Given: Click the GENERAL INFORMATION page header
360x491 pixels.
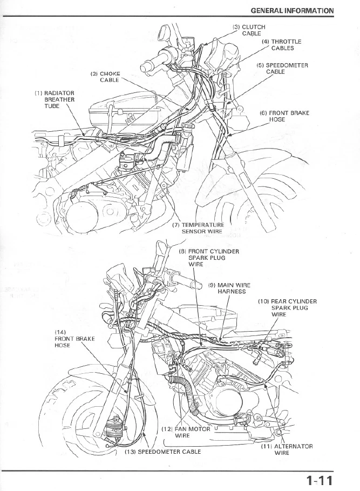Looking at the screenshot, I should click(x=292, y=10).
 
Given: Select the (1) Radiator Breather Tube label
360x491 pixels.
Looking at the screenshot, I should click(x=55, y=100).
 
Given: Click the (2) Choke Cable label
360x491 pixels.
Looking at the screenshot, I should click(x=105, y=77).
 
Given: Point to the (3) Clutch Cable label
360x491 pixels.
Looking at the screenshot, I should click(x=249, y=30).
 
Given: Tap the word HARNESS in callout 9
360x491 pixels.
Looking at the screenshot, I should click(x=231, y=292).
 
